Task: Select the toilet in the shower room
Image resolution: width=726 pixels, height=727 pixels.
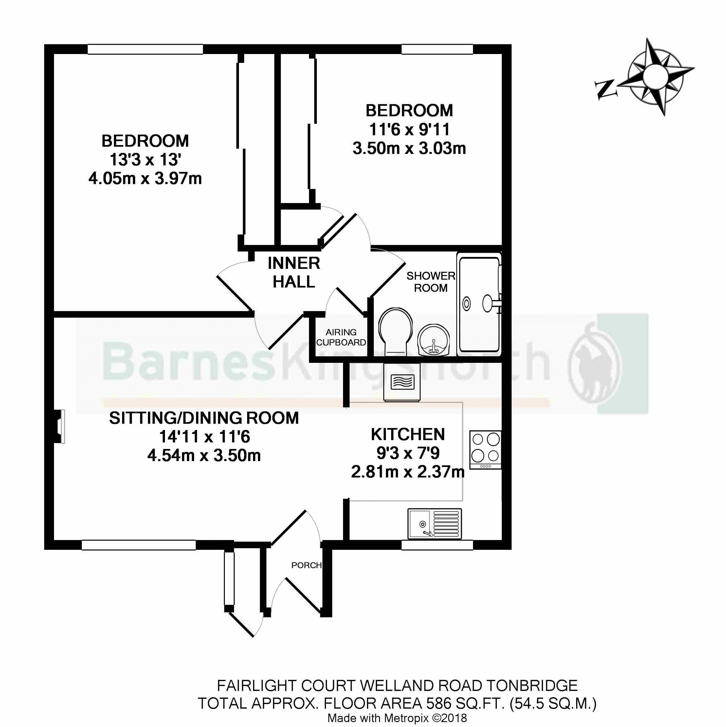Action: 395,330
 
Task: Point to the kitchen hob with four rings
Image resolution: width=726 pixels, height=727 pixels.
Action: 485,449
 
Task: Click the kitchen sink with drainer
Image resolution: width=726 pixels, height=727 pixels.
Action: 434,524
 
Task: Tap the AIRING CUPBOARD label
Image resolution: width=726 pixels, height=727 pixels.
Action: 341,337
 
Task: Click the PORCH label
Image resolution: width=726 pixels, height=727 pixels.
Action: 306,565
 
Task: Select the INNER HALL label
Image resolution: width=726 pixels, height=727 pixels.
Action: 294,272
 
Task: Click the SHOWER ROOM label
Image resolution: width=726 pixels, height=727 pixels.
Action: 431,282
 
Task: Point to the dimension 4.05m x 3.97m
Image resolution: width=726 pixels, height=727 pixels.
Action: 145,178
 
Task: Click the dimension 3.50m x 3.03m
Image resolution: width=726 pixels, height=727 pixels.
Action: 409,148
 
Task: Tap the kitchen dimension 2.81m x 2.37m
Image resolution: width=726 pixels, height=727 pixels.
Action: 408,472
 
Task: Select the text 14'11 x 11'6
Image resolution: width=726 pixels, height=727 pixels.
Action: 205,437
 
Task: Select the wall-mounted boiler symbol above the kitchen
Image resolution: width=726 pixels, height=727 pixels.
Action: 402,382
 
